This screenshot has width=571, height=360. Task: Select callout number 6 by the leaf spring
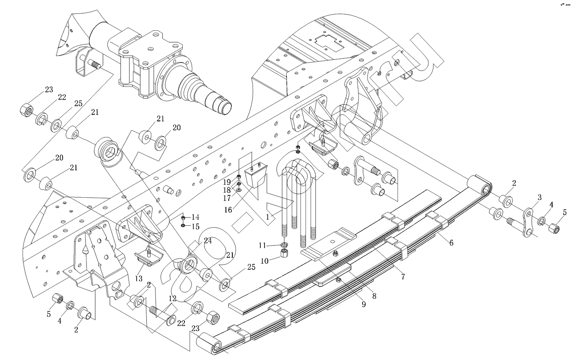click(451, 242)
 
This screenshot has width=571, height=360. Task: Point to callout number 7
click(403, 276)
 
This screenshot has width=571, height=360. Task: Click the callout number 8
click(374, 296)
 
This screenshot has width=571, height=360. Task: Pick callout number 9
click(363, 303)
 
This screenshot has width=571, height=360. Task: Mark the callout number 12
click(172, 298)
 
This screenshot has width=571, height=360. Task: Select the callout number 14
click(196, 217)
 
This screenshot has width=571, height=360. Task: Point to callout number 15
click(196, 226)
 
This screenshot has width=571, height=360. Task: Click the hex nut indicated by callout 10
click(284, 253)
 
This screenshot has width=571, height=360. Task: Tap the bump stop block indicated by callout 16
click(256, 179)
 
